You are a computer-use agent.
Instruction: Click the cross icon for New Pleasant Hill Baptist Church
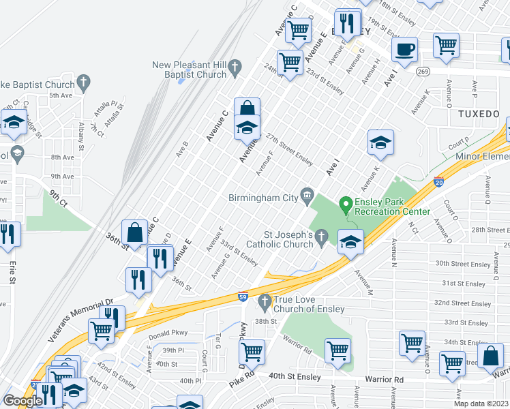click(235, 66)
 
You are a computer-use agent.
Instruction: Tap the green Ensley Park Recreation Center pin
click(346, 204)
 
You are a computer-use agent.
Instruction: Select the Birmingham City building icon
click(307, 197)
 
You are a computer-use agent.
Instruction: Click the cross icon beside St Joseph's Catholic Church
click(322, 236)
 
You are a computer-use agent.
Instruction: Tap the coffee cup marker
click(404, 49)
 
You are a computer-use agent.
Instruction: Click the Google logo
click(22, 401)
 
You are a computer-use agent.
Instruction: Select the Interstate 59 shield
click(243, 296)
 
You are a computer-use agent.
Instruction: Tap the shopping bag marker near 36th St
click(135, 232)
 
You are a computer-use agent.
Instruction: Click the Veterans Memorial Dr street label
click(80, 320)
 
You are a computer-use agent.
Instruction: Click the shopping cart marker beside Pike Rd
click(252, 352)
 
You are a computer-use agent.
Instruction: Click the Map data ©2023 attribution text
click(481, 404)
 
